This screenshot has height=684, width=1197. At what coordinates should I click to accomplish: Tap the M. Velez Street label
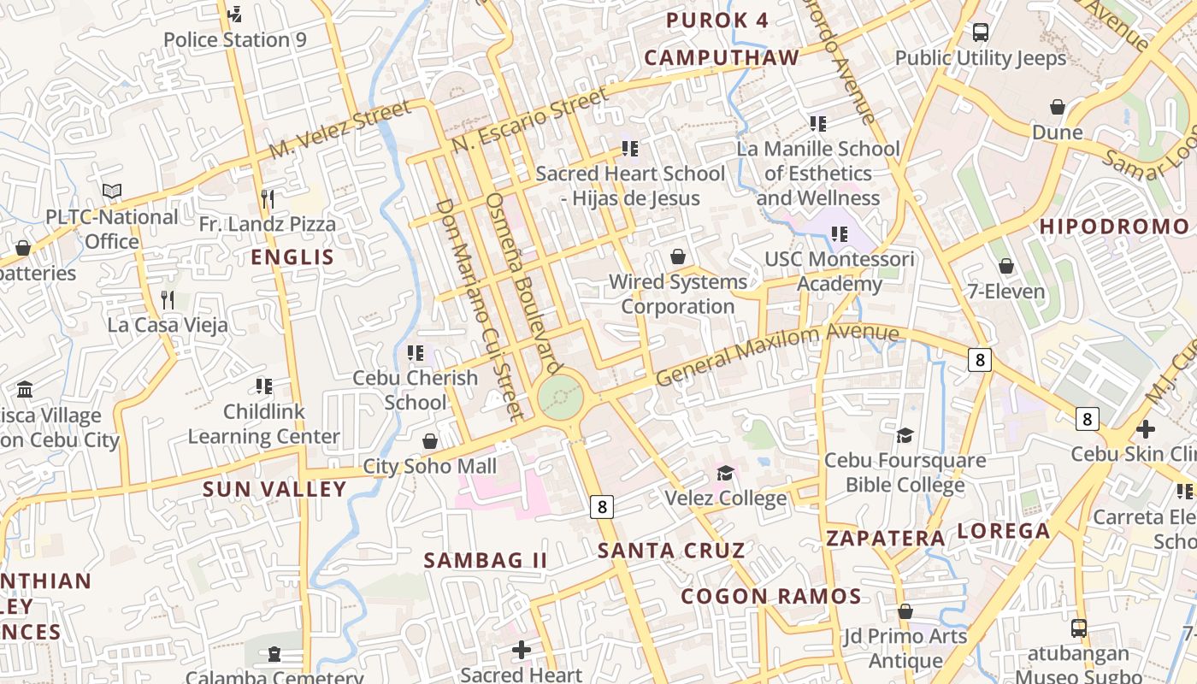339,130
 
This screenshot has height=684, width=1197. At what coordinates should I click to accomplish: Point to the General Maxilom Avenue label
777,355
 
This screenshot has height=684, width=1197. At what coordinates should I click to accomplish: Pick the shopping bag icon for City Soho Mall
430,441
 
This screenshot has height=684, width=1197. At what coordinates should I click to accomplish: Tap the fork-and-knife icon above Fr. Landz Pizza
268,199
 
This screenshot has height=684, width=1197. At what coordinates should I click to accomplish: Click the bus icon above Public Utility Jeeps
981,32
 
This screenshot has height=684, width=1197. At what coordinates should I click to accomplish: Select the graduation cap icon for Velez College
725,473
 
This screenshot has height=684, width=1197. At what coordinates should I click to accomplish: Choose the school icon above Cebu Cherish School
416,352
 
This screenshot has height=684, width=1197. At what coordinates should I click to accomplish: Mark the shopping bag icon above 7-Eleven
1006,266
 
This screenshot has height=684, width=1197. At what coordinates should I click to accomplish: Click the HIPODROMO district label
1114,227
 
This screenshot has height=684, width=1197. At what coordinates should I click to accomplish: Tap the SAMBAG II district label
485,560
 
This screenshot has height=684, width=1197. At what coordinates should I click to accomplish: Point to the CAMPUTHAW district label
722,57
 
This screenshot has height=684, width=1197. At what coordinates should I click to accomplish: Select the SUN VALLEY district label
274,489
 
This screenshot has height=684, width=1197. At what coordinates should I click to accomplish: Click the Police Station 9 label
234,39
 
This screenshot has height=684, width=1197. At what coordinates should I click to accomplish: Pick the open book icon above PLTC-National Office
112,192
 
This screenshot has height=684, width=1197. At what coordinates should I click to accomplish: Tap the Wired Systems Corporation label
678,293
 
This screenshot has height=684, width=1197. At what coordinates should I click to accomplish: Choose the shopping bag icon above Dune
1058,107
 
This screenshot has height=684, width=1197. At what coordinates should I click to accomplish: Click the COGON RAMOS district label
771,596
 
